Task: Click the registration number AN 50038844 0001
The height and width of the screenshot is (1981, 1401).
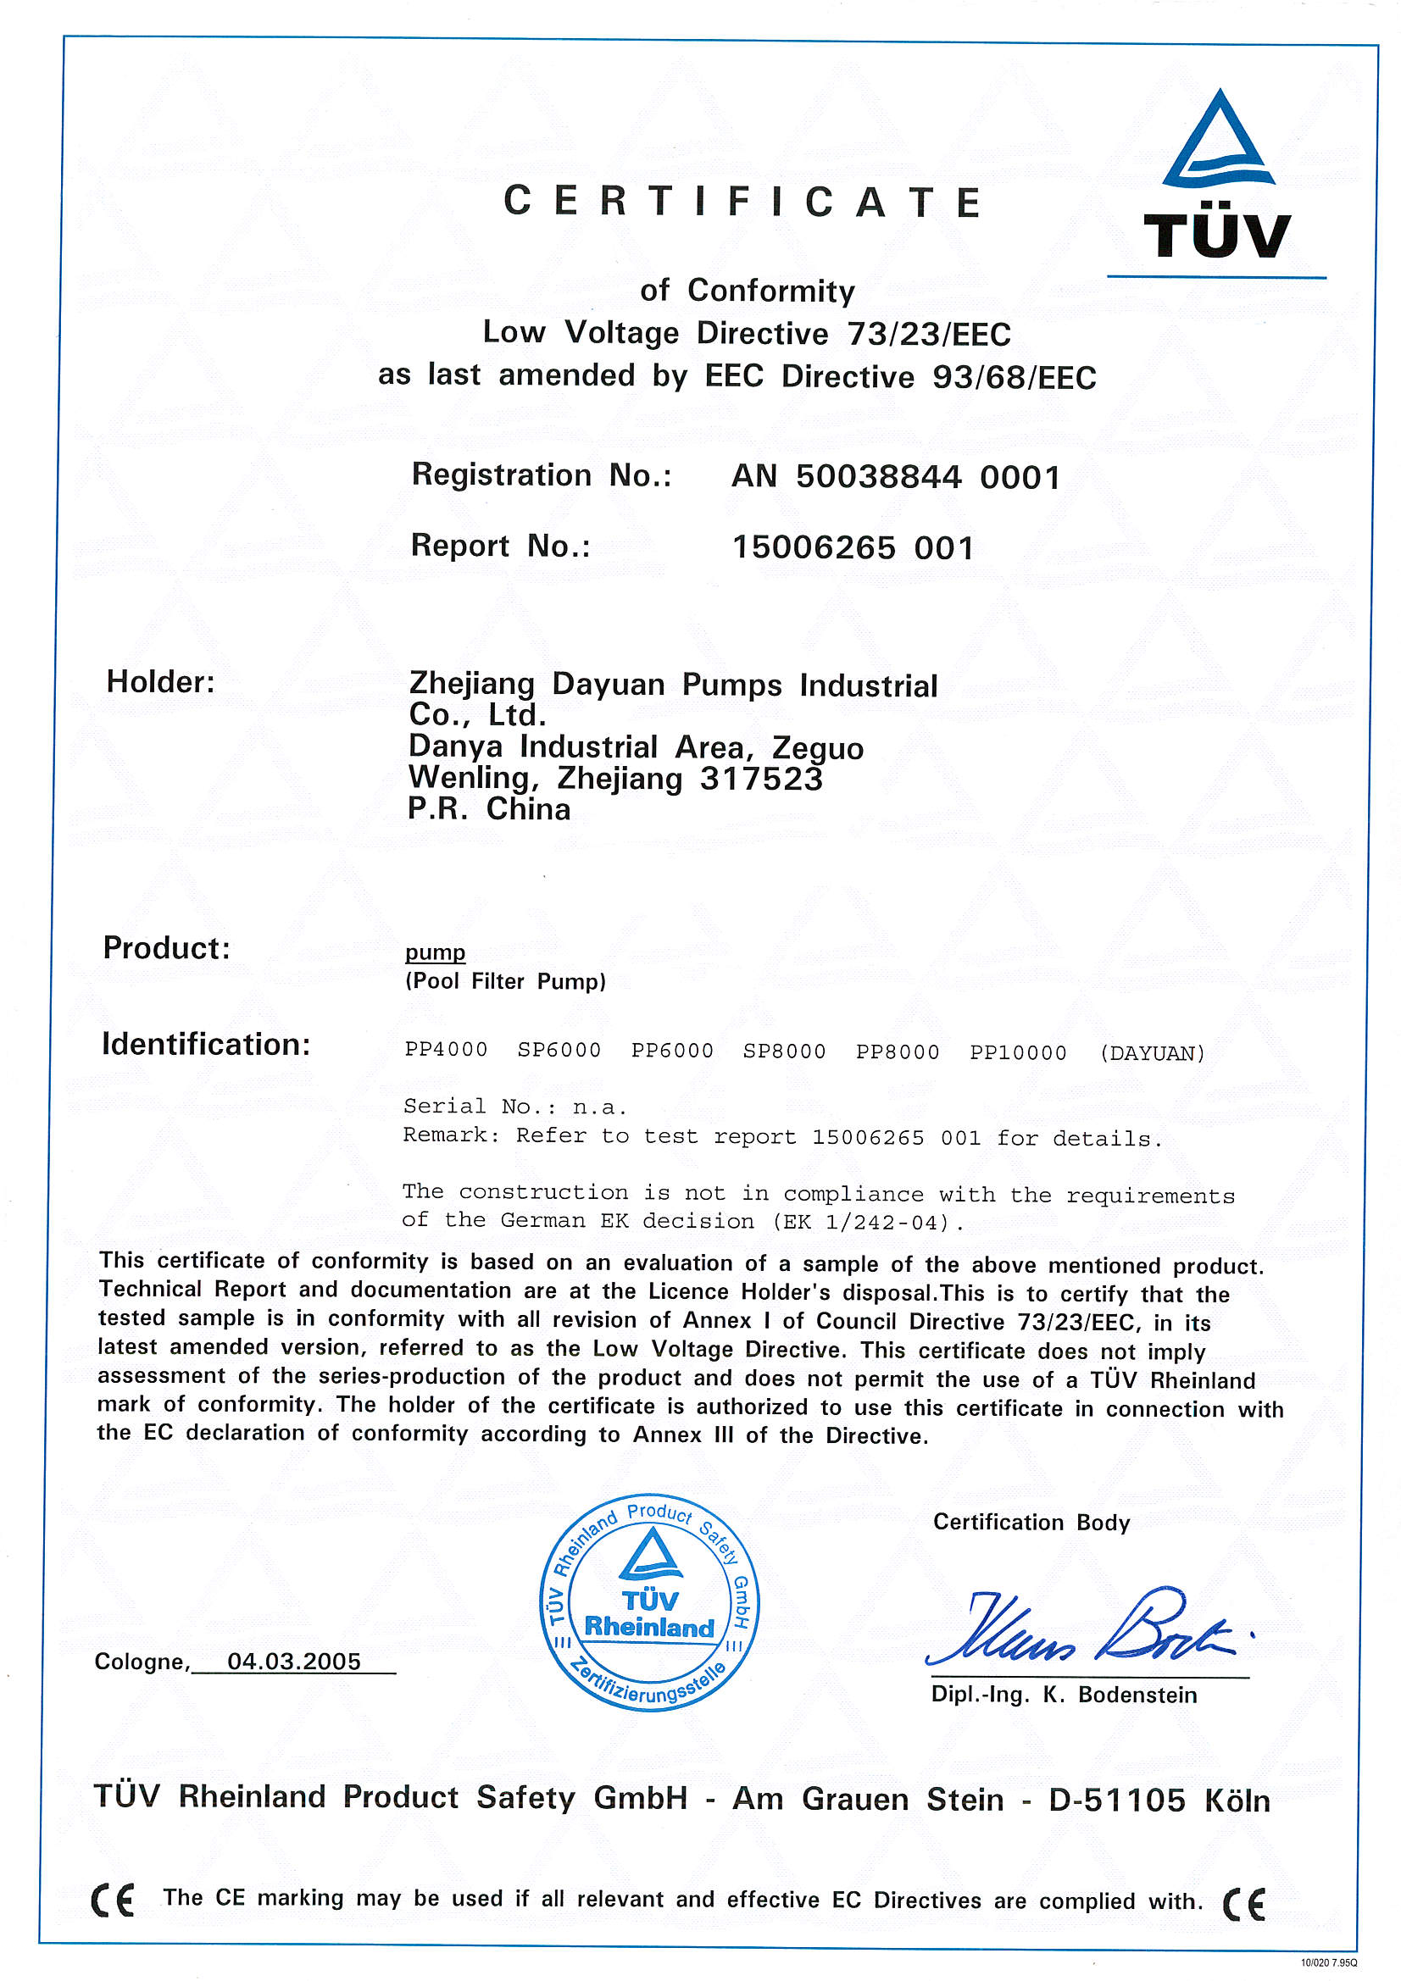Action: pos(895,476)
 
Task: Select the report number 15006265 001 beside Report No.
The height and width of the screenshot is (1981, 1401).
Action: pos(853,547)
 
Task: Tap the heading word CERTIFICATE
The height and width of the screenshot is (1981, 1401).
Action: pos(742,202)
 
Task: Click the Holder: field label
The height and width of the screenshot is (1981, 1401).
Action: pos(160,681)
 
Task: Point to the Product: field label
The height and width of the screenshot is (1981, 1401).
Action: pos(167,947)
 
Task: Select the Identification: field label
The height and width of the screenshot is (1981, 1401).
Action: pos(206,1044)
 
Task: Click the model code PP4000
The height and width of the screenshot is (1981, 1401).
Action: pos(447,1050)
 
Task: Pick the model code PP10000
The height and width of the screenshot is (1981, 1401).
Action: pos(1018,1052)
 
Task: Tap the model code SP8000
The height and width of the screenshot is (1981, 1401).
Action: pos(784,1051)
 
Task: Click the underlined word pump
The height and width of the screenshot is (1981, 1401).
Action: pos(435,952)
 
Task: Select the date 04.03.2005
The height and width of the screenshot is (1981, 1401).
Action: pos(293,1661)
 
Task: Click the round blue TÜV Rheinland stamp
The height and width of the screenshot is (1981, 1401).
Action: pos(649,1602)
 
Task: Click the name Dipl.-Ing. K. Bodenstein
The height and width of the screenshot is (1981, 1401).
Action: pos(1064,1695)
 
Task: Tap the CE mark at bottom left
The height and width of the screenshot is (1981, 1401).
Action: pos(113,1900)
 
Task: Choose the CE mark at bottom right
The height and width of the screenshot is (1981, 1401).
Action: pos(1244,1903)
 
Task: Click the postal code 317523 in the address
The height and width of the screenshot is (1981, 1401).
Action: pos(760,778)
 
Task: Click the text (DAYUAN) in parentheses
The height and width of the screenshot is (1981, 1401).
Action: pos(1153,1053)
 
